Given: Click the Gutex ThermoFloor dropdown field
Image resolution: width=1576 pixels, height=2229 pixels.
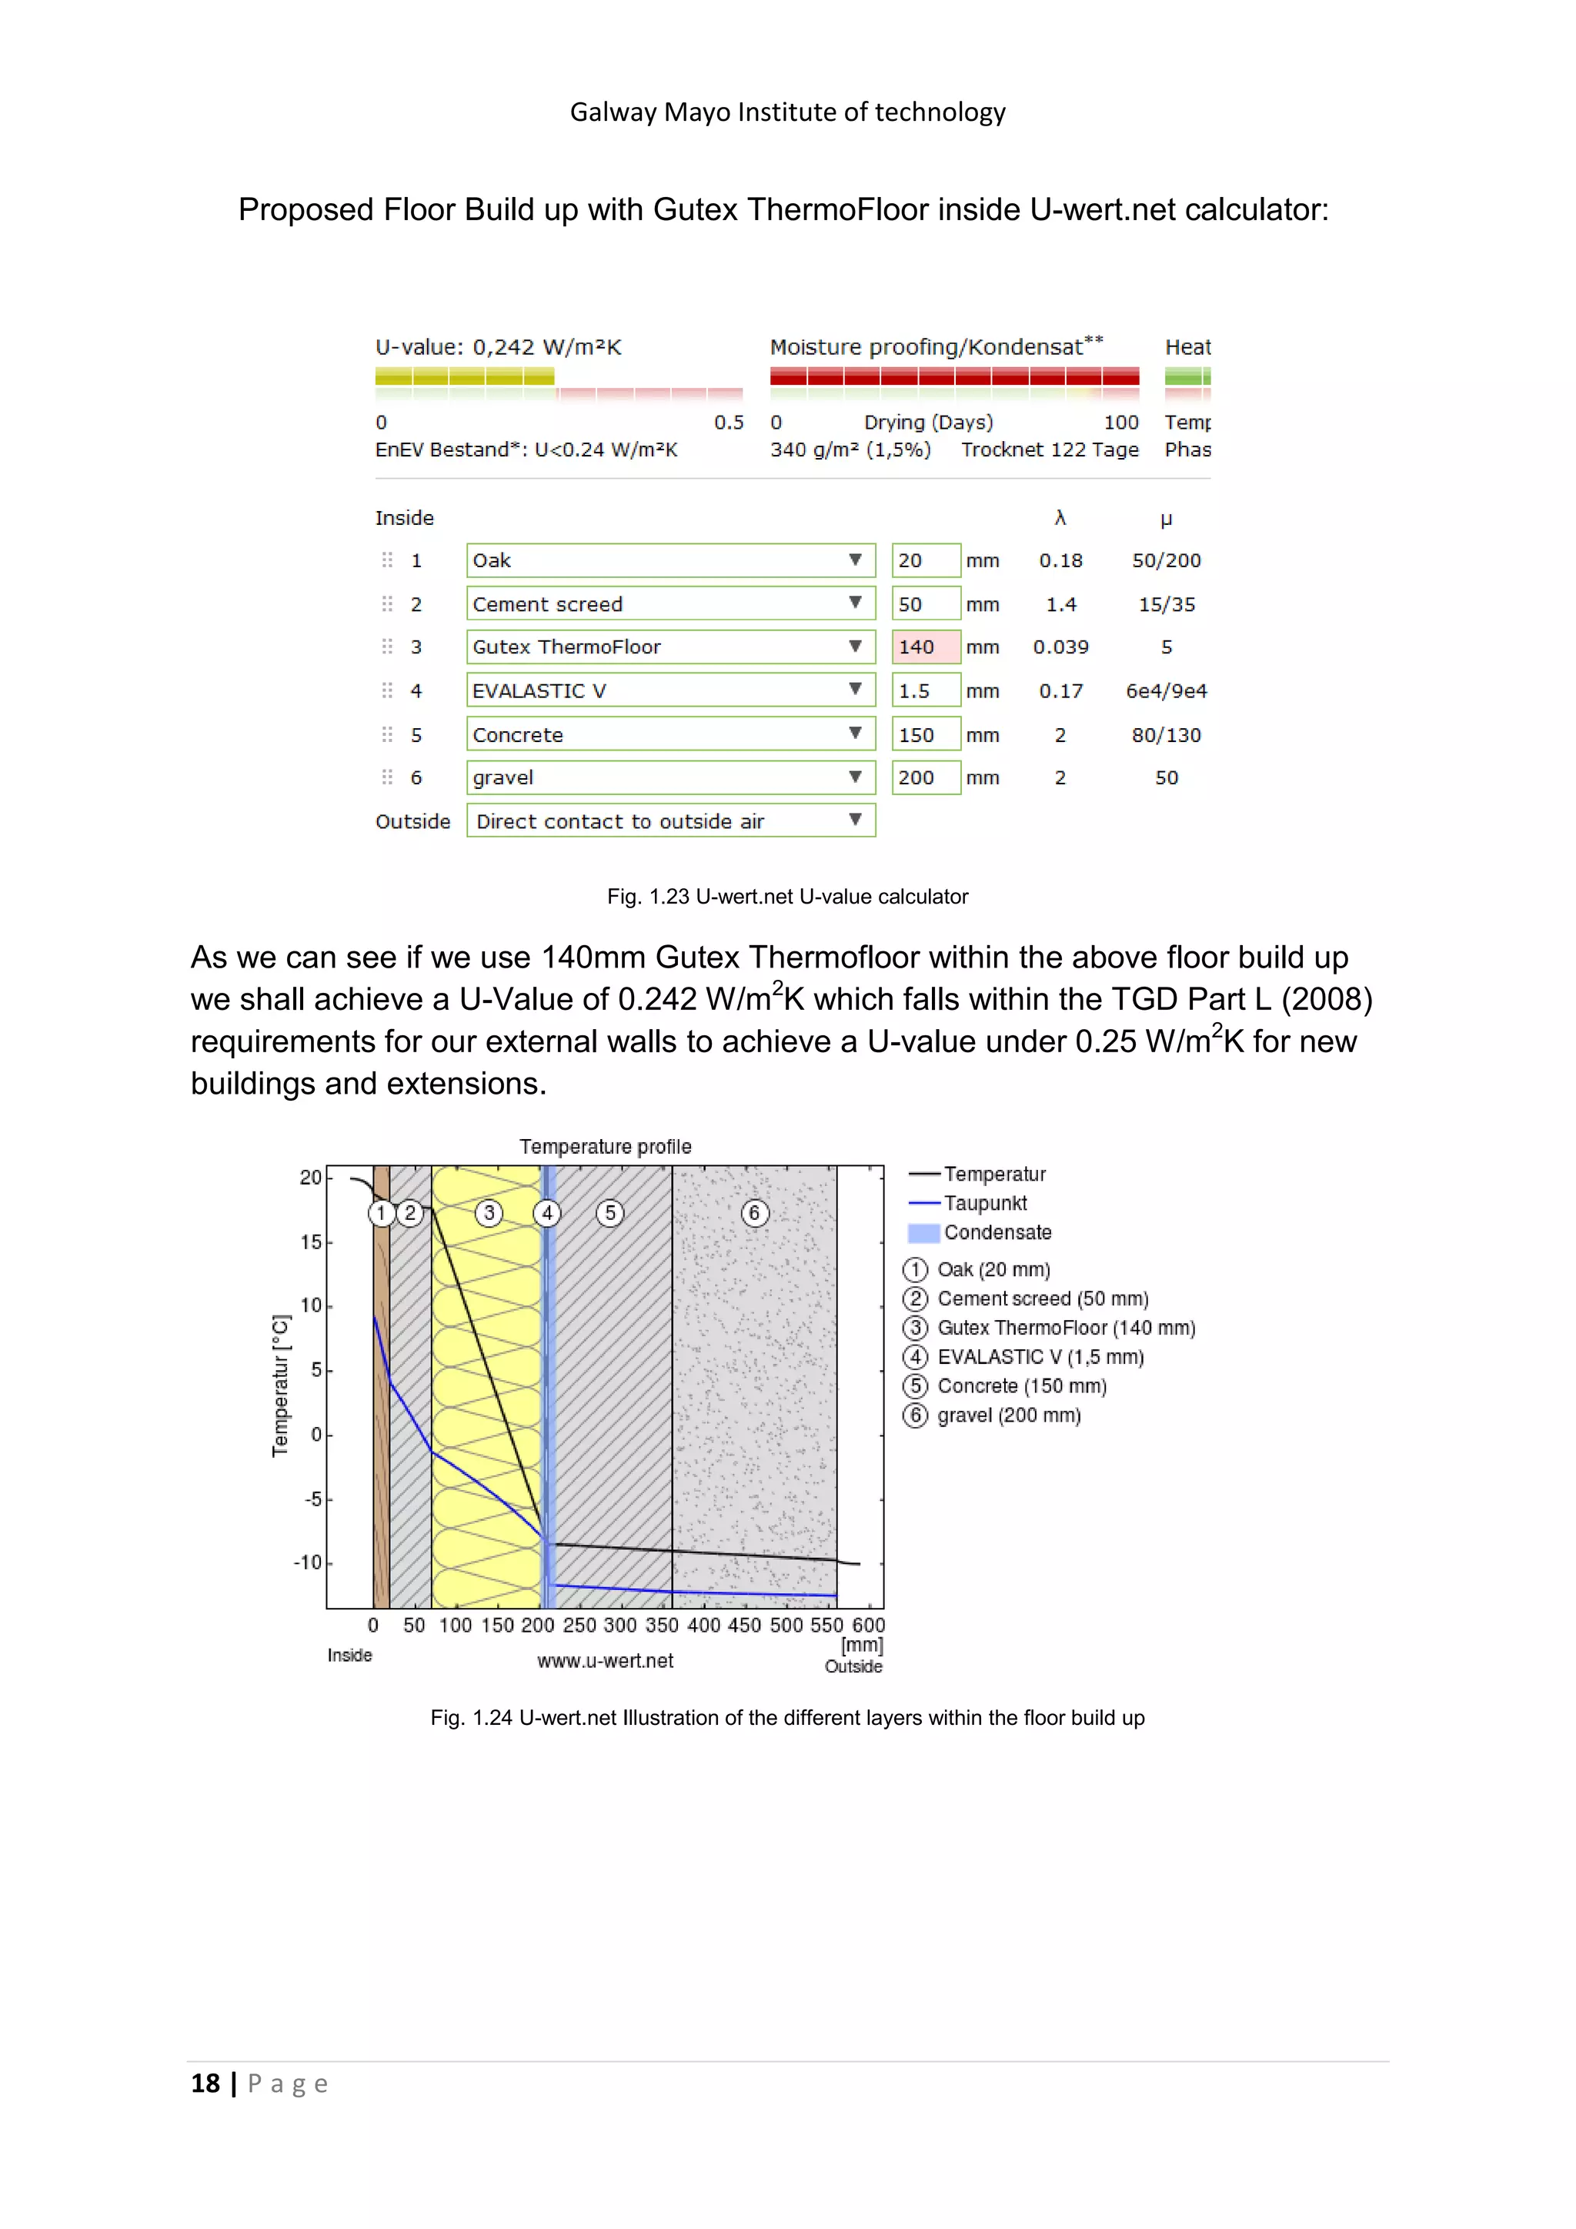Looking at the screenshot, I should tap(669, 647).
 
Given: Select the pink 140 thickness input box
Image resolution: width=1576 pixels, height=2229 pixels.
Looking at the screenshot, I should tap(926, 647).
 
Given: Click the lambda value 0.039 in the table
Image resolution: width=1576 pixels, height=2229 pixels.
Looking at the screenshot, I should tap(1060, 647).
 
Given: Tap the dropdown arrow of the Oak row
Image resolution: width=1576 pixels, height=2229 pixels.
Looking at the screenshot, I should tap(855, 560).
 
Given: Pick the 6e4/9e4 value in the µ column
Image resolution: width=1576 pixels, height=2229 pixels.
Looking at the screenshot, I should tap(1166, 690).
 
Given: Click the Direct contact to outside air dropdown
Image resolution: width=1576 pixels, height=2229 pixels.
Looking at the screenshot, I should tap(669, 821).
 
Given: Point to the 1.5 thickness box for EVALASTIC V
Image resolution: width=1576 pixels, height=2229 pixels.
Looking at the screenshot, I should tap(926, 690).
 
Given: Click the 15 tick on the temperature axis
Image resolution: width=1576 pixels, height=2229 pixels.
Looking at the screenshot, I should tap(311, 1241).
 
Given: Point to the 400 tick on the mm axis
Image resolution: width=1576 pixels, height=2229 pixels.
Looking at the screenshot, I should tap(703, 1625).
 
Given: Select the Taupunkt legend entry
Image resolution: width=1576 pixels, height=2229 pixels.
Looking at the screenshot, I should tap(985, 1203).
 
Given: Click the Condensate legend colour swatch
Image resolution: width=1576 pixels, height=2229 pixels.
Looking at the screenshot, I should tap(923, 1233).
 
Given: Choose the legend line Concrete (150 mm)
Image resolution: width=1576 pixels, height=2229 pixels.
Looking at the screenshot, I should tap(1021, 1386).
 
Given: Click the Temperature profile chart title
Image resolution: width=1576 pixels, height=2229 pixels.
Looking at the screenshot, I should tap(605, 1147).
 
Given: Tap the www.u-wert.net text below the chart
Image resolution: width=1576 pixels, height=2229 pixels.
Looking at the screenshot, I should tap(605, 1661).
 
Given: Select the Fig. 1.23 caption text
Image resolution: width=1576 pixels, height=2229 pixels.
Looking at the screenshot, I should tap(787, 897).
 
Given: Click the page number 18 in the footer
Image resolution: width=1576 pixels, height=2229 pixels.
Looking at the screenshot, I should tap(205, 2084).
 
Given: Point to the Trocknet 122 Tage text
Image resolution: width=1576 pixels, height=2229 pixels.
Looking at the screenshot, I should tap(1049, 449).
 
